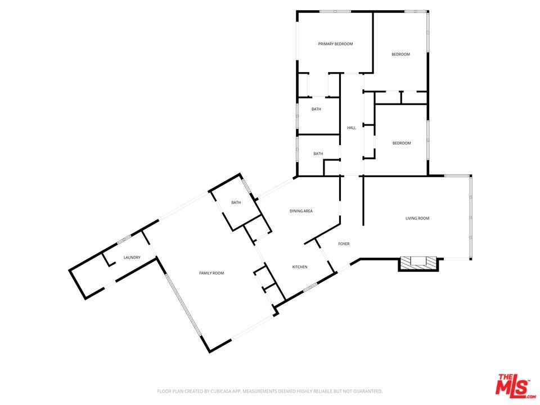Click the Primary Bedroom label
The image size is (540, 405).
coord(335,43)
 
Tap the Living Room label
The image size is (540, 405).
coord(417,218)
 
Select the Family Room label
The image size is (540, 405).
coord(211,273)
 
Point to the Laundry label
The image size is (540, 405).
coord(132,258)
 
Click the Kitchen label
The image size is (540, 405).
coord(299,267)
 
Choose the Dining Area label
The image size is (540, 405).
coord(301,211)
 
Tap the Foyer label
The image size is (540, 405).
coord(344,244)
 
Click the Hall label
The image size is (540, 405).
coord(352,128)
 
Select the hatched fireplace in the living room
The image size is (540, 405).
coord(418,263)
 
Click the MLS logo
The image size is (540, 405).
coord(513,386)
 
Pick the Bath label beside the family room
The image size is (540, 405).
coord(236,202)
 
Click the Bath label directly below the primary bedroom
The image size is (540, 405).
coord(316,109)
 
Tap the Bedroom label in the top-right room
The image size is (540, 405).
coord(400,54)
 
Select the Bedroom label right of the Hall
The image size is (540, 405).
coord(401,143)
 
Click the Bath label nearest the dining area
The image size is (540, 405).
coord(318,154)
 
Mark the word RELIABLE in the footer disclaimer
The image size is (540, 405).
coord(324,391)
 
